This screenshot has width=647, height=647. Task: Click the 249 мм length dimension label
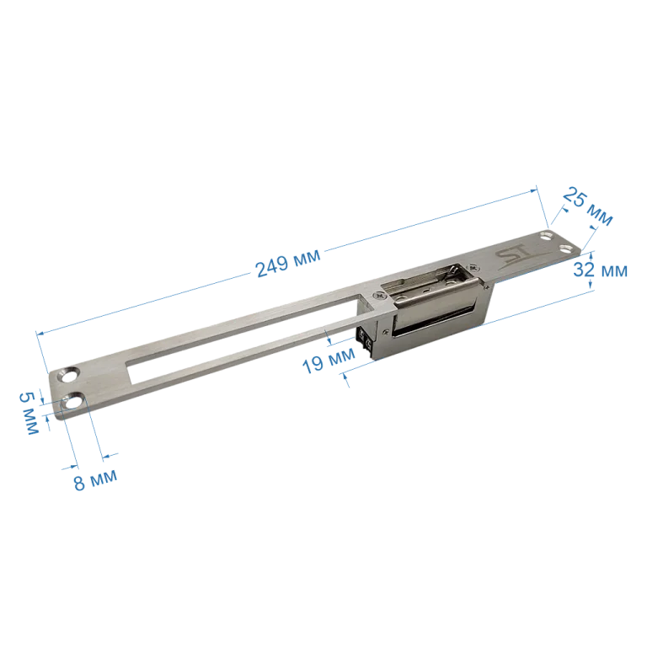point(288,263)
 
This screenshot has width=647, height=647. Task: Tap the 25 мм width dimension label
point(587,206)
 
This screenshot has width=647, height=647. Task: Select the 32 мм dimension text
point(600,270)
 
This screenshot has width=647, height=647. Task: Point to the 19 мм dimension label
point(329,361)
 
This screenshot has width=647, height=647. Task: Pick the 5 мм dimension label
point(29,413)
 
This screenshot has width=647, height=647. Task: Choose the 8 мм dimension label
point(95,481)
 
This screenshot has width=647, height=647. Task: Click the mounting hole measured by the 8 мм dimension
point(73,402)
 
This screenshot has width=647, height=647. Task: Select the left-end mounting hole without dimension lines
point(68,375)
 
